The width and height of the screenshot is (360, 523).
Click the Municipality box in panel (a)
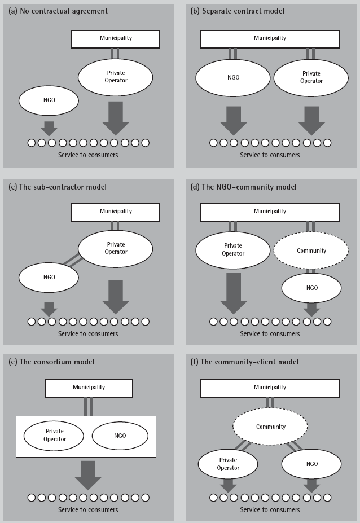click(x=115, y=39)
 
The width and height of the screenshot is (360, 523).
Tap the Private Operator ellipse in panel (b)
click(x=311, y=77)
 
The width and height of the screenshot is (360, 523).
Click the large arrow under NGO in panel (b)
click(x=232, y=119)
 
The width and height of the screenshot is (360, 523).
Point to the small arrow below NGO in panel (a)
click(x=49, y=128)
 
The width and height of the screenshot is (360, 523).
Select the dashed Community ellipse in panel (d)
click(x=311, y=250)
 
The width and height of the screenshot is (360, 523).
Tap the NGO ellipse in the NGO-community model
click(x=311, y=288)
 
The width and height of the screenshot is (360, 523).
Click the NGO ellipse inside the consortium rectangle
click(x=120, y=436)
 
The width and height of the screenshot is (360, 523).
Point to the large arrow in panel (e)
click(x=87, y=474)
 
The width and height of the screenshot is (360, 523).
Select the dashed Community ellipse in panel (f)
click(x=270, y=427)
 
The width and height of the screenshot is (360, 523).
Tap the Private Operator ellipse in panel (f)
click(x=227, y=464)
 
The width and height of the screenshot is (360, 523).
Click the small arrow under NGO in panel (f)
click(x=311, y=485)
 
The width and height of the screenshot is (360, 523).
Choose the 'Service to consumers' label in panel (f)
click(x=270, y=510)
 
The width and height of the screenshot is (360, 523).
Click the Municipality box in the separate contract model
click(x=270, y=39)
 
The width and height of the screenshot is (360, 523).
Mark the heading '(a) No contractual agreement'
click(x=58, y=11)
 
